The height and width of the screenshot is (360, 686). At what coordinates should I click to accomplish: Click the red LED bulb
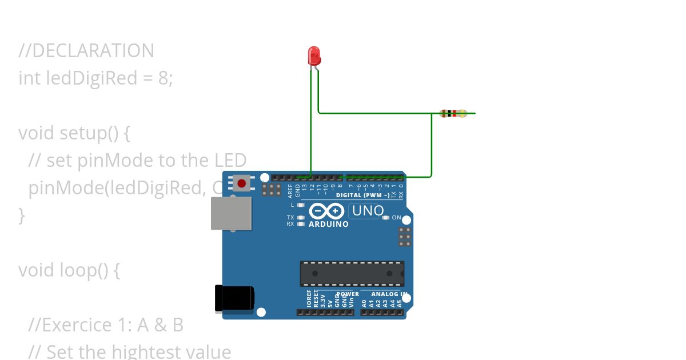click(x=314, y=55)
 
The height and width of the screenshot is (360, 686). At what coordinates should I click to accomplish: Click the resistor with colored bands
click(x=453, y=114)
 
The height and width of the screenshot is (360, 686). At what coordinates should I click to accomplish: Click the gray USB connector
click(x=231, y=213)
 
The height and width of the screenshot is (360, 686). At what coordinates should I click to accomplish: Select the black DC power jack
click(x=234, y=299)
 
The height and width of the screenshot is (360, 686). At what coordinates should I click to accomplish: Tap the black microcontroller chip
click(x=352, y=273)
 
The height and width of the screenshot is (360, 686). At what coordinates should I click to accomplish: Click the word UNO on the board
click(x=368, y=211)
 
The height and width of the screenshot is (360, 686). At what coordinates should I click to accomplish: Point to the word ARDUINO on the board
click(x=329, y=224)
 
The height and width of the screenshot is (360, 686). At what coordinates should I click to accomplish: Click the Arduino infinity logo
click(x=326, y=211)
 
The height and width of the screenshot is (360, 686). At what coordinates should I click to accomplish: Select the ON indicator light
click(x=386, y=218)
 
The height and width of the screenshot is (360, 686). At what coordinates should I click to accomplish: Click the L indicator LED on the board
click(x=301, y=205)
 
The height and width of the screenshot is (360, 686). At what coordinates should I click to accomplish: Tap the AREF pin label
click(x=290, y=189)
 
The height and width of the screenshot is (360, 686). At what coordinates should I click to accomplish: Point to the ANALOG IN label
click(x=389, y=294)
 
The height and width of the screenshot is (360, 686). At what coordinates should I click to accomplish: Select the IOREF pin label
click(x=309, y=301)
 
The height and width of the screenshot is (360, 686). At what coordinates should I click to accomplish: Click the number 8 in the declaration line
click(x=164, y=78)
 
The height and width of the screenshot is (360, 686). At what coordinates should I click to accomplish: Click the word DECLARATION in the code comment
click(x=92, y=51)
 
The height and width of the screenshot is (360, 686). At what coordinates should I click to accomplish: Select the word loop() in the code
click(x=83, y=270)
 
